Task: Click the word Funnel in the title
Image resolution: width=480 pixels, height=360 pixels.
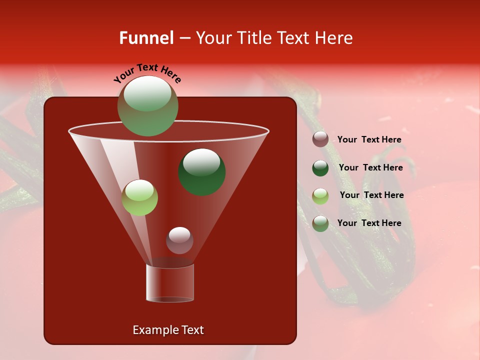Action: pos(146,38)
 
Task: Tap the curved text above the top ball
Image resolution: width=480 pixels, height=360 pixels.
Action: pos(147,72)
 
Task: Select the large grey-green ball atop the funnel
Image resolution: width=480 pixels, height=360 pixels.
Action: pos(147,106)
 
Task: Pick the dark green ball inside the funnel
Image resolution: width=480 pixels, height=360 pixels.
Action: pos(202,172)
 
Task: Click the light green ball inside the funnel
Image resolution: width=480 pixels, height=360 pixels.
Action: pos(139,197)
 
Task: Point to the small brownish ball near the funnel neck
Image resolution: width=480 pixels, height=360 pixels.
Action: pos(179,240)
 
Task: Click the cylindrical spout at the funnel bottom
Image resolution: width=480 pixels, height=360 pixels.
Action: pos(170,283)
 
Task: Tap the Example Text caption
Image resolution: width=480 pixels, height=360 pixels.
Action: pos(168,330)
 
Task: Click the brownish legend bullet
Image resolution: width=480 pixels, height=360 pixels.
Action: pos(320,139)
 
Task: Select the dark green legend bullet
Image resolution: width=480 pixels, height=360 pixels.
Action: pos(320,168)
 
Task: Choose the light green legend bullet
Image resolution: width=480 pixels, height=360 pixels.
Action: pos(320,196)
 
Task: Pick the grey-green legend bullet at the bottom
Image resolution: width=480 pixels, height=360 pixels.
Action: pos(320,223)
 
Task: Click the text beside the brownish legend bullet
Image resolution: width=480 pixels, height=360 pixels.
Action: pos(369,140)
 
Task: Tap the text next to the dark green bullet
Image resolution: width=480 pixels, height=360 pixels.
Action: pos(370,167)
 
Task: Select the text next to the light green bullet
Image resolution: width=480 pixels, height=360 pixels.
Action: pos(371,195)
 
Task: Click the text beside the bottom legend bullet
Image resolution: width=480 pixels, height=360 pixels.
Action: pos(369,223)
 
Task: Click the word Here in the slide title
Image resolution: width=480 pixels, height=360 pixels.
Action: pos(334,38)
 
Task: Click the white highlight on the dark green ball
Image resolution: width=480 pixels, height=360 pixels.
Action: pos(201,161)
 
